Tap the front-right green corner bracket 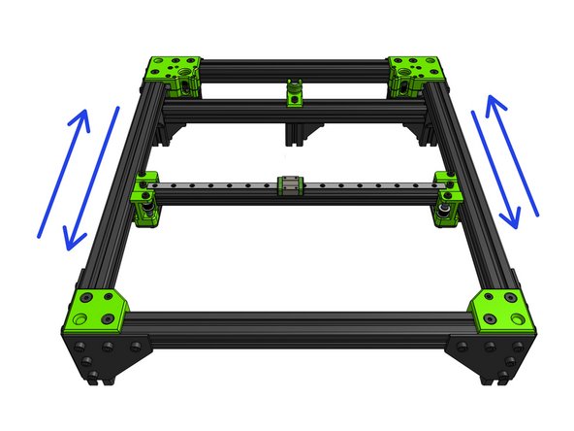click(500, 311)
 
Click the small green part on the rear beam click(294, 93)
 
